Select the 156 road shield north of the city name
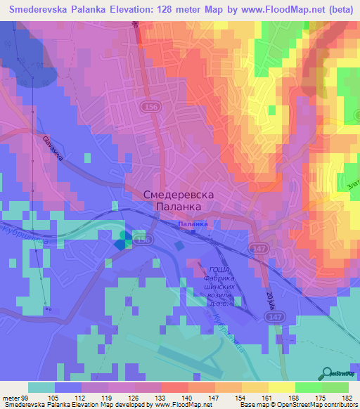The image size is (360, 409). [x=148, y=106]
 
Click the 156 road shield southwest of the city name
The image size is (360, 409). [x=143, y=240]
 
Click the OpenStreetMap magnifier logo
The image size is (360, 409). [x=328, y=373]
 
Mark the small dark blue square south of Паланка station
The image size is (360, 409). [x=179, y=247]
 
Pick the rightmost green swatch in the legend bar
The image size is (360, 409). [x=335, y=387]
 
